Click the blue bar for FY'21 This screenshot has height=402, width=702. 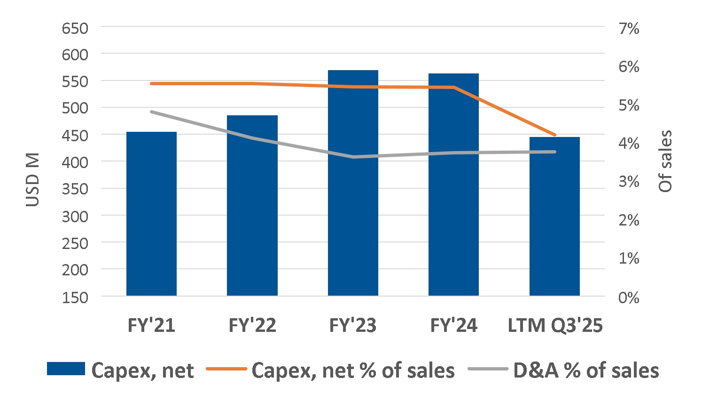pos(151,214)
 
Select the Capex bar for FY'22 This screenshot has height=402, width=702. pos(252,205)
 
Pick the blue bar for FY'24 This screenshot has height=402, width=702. pos(453,185)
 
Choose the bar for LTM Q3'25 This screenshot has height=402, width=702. pos(554,217)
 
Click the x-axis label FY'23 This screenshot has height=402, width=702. pos(353,326)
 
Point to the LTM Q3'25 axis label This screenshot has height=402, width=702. pos(555,326)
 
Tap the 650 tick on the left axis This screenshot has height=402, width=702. pos(75,29)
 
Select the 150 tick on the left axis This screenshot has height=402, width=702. pos(75,297)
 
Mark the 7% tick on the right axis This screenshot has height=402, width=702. pos(629,29)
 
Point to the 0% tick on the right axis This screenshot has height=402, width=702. pos(629,297)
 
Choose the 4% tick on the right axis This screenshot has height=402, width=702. pos(629,144)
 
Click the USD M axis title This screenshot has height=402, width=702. pos(32,180)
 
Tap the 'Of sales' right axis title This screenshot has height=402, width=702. pos(665,161)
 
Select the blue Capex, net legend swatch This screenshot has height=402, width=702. pos(66,369)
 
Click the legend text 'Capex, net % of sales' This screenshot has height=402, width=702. pos(353,371)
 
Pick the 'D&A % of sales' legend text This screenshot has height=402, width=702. pos(586,371)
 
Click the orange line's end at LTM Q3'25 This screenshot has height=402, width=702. pos(555,135)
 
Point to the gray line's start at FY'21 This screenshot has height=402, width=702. pos(151,112)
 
